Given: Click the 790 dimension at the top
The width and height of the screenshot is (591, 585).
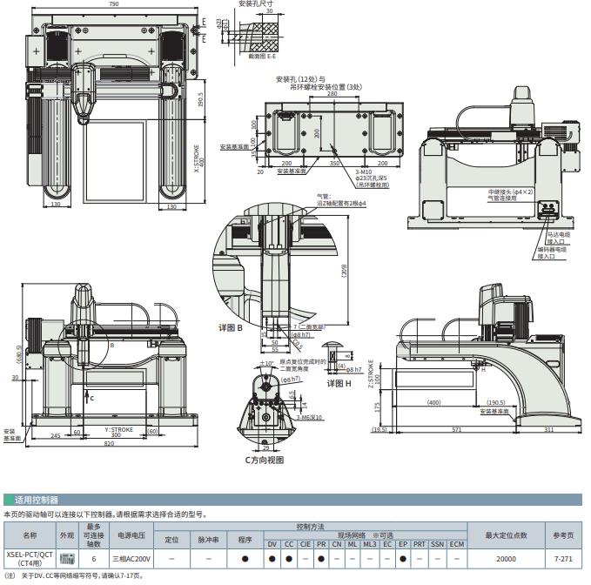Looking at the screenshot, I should tap(113, 4).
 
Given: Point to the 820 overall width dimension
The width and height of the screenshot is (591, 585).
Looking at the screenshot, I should tap(110, 444).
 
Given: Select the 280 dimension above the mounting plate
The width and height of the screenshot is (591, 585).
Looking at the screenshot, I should tap(332, 95).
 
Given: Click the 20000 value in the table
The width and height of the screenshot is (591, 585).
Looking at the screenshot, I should tap(506, 558).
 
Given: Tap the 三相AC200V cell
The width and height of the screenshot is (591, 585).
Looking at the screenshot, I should tap(132, 558).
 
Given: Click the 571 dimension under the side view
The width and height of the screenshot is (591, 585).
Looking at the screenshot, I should tap(453, 430).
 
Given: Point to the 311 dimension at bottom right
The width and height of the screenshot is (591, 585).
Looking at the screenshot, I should tap(547, 430).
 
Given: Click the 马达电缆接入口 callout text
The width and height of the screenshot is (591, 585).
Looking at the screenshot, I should tap(557, 237).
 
